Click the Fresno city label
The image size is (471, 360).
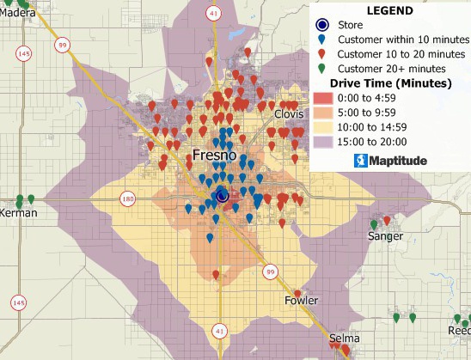(214, 156)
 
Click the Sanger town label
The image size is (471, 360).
(385, 235)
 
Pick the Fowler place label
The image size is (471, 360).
(301, 301)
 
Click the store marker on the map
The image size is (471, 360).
(222, 196)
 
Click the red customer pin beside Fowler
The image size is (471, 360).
(297, 293)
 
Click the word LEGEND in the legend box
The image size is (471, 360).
(389, 11)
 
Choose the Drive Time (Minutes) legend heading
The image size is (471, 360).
(389, 83)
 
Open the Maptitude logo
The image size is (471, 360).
(389, 160)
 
